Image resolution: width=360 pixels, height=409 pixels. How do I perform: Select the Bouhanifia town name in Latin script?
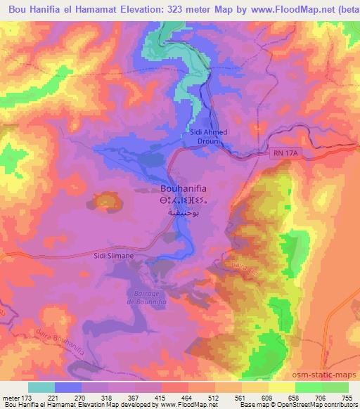[x=185, y=188]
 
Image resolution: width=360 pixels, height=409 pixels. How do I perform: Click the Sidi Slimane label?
[x=113, y=257]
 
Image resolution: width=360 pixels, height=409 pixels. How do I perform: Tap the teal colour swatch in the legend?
[x=41, y=387]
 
